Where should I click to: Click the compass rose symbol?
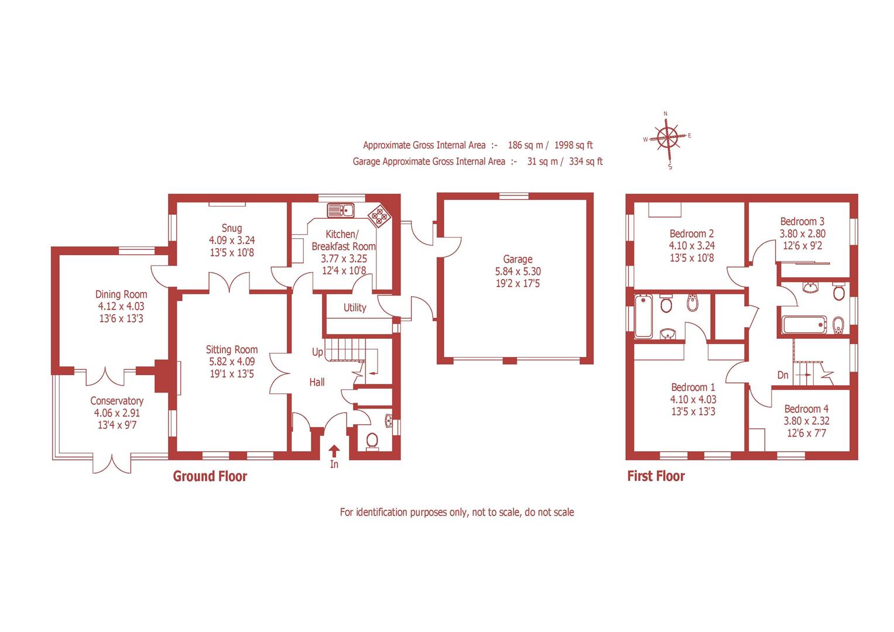point(667,139)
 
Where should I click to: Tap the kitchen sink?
point(340,209)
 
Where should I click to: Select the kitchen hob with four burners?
point(379,217)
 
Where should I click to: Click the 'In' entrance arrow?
point(334,451)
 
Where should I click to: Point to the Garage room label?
point(518,259)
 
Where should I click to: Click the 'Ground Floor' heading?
point(210,476)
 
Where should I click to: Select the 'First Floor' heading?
point(656,476)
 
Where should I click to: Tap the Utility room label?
point(355,308)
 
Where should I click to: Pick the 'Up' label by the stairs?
point(317,352)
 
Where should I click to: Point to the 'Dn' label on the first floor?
point(783,375)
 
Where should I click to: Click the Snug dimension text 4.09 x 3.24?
point(232,241)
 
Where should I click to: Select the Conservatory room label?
point(117,401)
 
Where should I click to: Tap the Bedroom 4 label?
point(806,409)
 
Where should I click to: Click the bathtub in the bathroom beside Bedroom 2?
point(643,317)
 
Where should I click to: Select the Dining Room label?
point(121,294)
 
